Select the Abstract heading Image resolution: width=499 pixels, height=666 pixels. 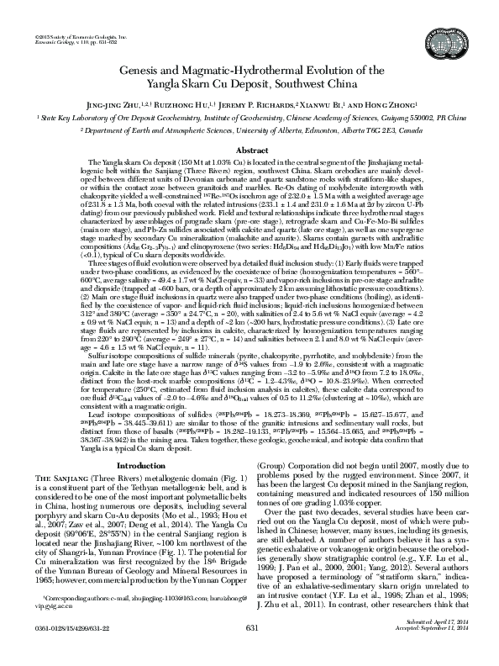coord(249,149)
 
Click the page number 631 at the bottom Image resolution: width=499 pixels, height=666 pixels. coord(250,650)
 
